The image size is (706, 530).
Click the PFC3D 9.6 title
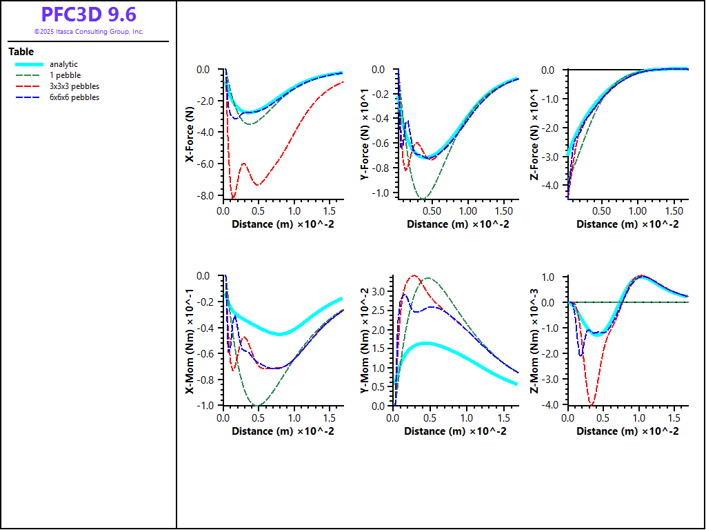pos(88,15)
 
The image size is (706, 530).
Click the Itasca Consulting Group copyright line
pos(88,32)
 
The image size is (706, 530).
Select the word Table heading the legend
pos(21,52)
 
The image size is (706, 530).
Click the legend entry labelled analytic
pos(63,64)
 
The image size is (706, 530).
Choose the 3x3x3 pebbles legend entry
pos(74,86)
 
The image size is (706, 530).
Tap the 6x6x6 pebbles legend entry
pos(74,97)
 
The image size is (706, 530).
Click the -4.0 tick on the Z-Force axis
pos(549,185)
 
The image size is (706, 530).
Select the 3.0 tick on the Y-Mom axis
pos(379,292)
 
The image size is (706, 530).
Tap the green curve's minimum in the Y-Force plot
pos(423,198)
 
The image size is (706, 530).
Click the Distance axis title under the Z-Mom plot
pos(627,431)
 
